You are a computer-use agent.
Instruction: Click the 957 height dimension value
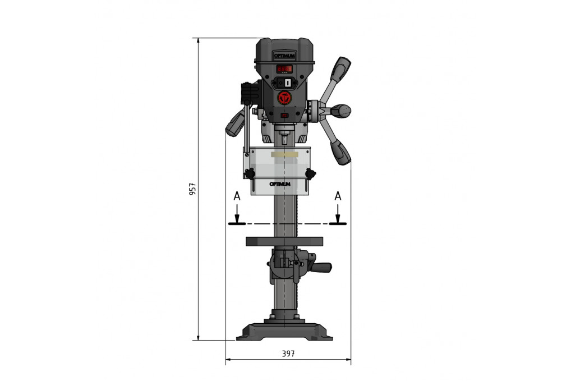click(192, 190)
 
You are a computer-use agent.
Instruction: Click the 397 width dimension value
click(288, 354)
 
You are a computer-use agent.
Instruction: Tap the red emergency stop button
click(285, 98)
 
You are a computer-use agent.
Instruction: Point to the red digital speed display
click(285, 69)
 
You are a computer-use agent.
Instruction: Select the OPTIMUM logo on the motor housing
click(285, 55)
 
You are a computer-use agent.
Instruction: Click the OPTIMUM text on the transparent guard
click(280, 184)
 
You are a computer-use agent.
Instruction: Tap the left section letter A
click(237, 196)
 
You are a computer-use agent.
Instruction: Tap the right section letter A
click(338, 196)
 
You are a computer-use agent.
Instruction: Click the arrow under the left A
click(237, 216)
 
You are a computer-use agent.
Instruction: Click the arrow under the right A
click(338, 216)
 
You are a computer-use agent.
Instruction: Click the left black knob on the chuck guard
click(250, 174)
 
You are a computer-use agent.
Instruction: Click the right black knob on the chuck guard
click(311, 173)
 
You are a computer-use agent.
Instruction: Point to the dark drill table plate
click(284, 241)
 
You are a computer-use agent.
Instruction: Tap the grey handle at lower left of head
click(235, 124)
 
